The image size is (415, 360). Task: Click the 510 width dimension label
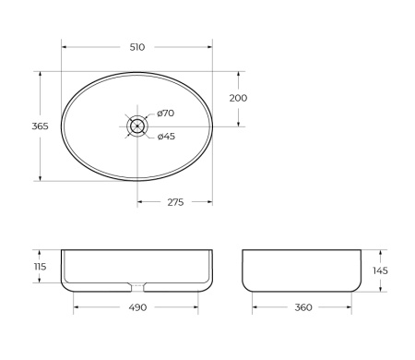[137, 46]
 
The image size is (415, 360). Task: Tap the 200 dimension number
[238, 98]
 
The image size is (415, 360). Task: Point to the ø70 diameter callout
[166, 114]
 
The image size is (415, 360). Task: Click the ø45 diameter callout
[166, 137]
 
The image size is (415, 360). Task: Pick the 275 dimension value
[174, 202]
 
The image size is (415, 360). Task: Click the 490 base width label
[137, 308]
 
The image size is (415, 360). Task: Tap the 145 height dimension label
[381, 270]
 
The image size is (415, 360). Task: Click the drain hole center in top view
[137, 125]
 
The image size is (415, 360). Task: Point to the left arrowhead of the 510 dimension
[65, 46]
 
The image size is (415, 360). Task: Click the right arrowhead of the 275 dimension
[210, 202]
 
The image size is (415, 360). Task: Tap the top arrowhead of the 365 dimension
[39, 73]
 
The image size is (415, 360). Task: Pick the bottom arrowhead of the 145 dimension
[381, 290]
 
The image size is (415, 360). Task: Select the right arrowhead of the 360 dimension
[353, 308]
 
